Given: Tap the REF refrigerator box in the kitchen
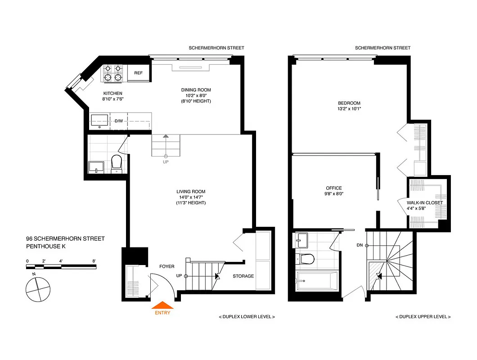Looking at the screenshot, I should tap(138, 73).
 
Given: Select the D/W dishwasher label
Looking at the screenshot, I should tap(119, 121).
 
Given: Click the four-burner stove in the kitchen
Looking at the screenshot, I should tap(113, 73).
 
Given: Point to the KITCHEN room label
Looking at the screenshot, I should tap(112, 93).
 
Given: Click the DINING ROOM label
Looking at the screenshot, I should tap(196, 90).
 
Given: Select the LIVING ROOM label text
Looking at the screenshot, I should tap(191, 192).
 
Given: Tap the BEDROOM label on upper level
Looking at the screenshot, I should tap(349, 103).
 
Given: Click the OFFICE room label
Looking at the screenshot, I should tap(334, 188).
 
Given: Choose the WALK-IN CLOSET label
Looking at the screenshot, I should tap(424, 202).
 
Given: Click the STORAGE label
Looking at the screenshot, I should tap(243, 276).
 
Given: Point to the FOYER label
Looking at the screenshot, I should tap(166, 266).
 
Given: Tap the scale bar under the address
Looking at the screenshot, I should tap(61, 267).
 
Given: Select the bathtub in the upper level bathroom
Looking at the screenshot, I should tap(316, 281).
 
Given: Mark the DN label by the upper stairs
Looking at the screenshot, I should tap(359, 245).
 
